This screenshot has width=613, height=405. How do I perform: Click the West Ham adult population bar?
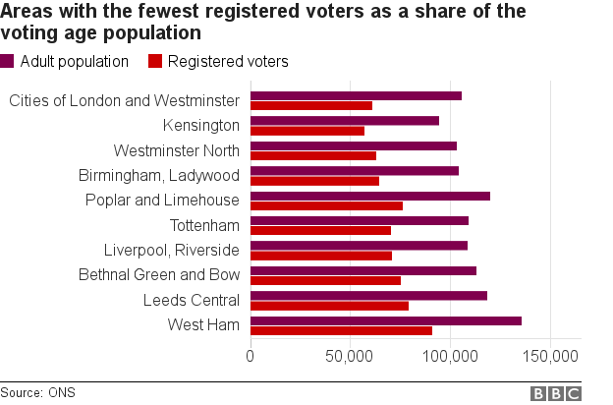[x=386, y=320]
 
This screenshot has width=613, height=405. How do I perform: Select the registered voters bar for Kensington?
[x=307, y=131]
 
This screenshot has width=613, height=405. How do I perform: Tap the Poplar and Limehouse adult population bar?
[x=370, y=196]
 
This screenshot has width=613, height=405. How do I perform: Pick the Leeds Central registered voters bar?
[x=329, y=306]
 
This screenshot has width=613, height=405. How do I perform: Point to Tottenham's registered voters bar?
[x=320, y=231]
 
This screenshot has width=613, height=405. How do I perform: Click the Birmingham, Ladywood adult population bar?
[x=355, y=171]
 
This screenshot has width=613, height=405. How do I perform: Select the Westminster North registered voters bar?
[x=313, y=155]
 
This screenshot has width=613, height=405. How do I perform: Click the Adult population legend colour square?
[x=8, y=62]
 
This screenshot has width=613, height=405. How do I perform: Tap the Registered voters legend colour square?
[x=154, y=62]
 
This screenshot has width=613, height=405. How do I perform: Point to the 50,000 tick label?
[x=351, y=355]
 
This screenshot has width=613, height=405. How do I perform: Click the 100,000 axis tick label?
[x=450, y=355]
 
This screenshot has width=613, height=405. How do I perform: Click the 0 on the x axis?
[x=251, y=355]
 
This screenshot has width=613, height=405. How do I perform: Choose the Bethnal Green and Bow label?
[x=158, y=274]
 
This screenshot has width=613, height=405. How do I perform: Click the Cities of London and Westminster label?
[x=123, y=100]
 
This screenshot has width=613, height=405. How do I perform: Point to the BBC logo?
[x=556, y=393]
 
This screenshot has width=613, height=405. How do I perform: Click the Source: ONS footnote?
[x=37, y=392]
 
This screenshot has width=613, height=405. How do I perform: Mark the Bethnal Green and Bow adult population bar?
[x=363, y=270]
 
